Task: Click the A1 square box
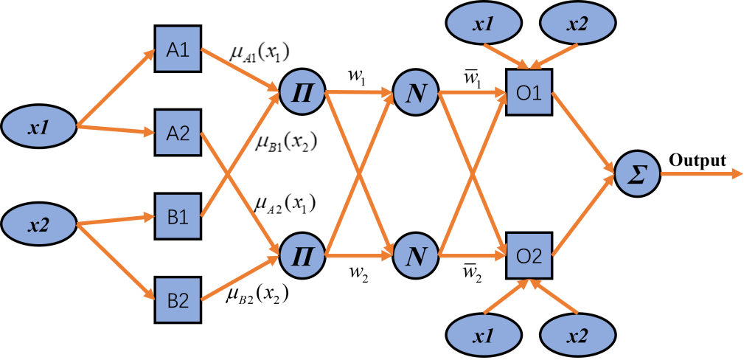point(178,51)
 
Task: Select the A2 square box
point(178,134)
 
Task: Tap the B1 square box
point(178,218)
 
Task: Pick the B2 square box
point(178,300)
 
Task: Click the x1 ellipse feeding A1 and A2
point(39,126)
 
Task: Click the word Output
point(697,160)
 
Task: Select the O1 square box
point(529,94)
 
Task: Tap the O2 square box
point(529,256)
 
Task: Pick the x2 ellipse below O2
point(577,336)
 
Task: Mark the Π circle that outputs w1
point(302,94)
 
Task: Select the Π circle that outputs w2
point(302,256)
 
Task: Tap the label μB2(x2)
point(257,296)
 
